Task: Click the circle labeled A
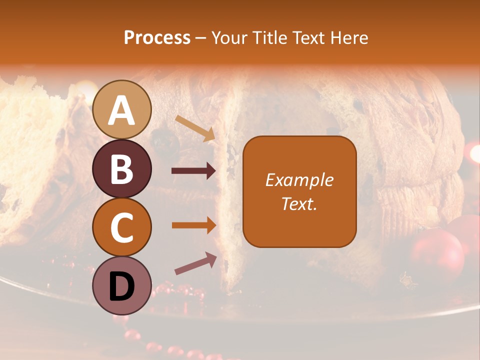tap(122, 109)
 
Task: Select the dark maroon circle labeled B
tap(122, 168)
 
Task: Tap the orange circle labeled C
tap(122, 227)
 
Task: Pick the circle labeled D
tap(122, 285)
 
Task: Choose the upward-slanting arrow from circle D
tap(195, 263)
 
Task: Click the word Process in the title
tap(157, 38)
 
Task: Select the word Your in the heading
tap(228, 38)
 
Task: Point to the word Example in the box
tap(299, 180)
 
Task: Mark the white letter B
tap(121, 169)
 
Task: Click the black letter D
tap(121, 286)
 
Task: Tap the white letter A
tap(121, 110)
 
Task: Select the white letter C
tap(121, 228)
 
